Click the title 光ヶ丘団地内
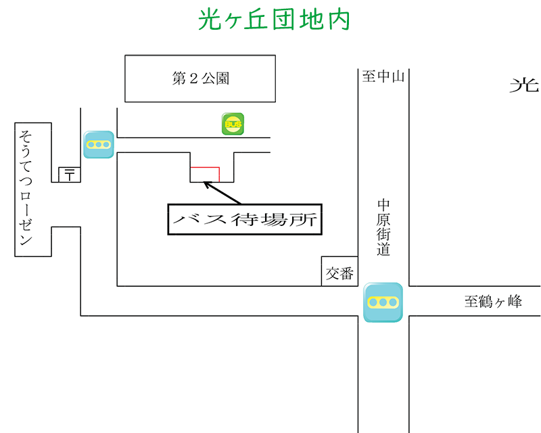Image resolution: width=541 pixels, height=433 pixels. point(275,20)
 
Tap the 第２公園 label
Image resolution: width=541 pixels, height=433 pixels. point(201,78)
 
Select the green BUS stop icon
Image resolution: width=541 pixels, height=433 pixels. point(233,124)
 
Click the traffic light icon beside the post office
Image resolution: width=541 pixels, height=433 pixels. point(99,145)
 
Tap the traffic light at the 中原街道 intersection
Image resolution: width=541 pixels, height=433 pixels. point(383,302)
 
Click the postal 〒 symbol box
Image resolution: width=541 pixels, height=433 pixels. point(70,175)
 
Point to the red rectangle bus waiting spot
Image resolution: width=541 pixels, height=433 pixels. point(205,175)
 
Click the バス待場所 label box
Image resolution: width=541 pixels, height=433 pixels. point(245,219)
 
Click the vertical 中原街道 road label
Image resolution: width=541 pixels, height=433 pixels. point(384,227)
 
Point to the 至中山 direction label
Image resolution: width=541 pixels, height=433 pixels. point(383,76)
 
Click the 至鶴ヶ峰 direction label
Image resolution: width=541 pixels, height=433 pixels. point(493,302)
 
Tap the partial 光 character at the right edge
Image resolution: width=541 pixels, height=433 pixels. point(525,85)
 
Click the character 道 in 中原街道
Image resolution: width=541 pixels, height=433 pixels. point(384,249)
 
